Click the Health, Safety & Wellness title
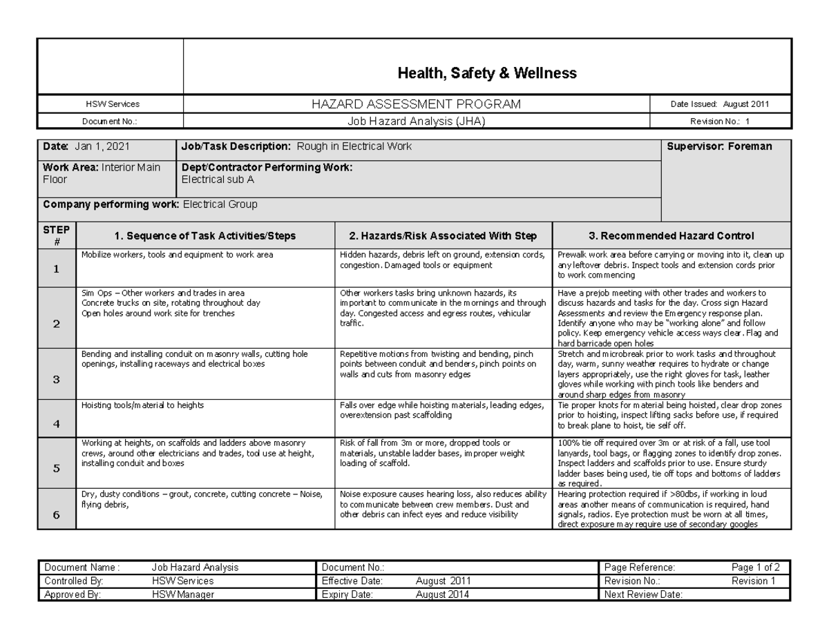click(486, 73)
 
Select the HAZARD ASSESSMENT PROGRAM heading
click(417, 104)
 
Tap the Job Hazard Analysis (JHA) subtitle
click(417, 121)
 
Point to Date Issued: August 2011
click(720, 104)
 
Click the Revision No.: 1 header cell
click(720, 121)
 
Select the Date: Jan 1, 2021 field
click(86, 146)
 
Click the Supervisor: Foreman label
click(719, 146)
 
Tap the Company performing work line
click(150, 204)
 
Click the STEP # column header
click(57, 235)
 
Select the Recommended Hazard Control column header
click(671, 236)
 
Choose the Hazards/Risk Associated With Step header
click(444, 236)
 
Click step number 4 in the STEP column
click(57, 424)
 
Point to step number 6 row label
click(57, 515)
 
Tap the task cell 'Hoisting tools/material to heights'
click(143, 406)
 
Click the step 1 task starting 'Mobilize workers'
click(178, 255)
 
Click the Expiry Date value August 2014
click(443, 594)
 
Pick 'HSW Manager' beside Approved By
click(183, 594)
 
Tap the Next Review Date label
click(643, 594)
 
